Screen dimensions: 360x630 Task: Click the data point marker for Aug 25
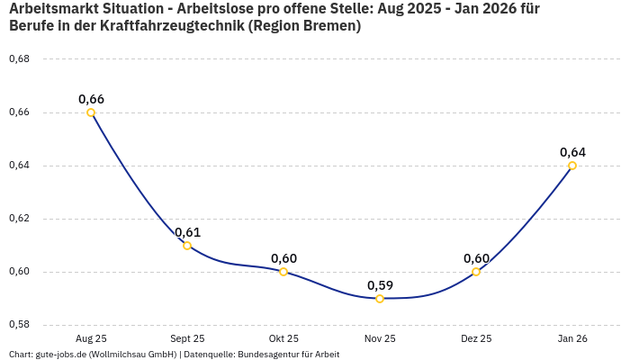(x=91, y=112)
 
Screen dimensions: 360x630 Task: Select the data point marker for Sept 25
(x=187, y=246)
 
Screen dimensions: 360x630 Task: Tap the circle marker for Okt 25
(x=283, y=272)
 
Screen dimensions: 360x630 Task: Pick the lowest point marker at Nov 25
(x=380, y=299)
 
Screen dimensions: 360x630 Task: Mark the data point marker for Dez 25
(x=476, y=272)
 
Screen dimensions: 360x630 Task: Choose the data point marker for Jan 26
(x=572, y=166)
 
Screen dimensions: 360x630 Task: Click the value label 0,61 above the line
(x=187, y=232)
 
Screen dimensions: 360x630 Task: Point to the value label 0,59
(x=380, y=285)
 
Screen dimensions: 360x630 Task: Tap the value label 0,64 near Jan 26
(x=572, y=152)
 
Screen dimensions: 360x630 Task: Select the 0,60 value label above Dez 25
(x=476, y=258)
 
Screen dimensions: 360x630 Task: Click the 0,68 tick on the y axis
(x=19, y=59)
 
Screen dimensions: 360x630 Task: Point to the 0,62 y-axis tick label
(x=19, y=219)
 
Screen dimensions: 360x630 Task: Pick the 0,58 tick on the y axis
(x=19, y=325)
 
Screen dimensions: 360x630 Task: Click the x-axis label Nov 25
(x=380, y=338)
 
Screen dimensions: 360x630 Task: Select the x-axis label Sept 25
(x=187, y=338)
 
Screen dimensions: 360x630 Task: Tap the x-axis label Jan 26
(x=572, y=338)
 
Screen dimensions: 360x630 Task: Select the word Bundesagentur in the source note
(x=270, y=355)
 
